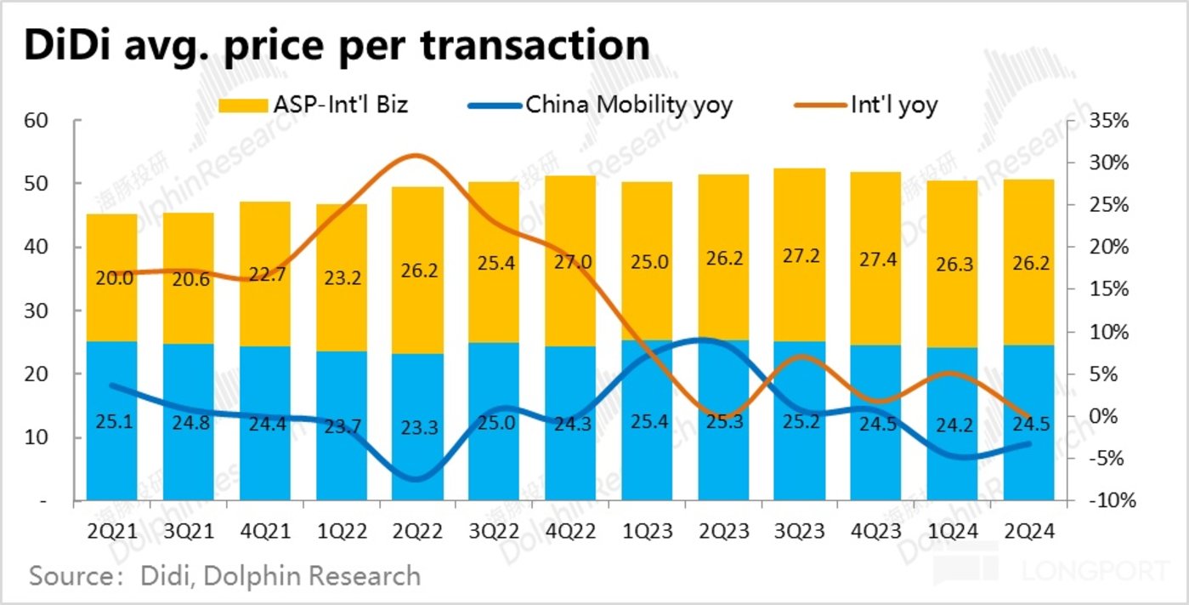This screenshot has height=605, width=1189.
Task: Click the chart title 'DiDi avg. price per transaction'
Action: coord(337,46)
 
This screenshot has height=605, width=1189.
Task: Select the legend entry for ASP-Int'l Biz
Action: coord(314,106)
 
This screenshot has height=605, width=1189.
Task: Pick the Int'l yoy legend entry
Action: coord(867,106)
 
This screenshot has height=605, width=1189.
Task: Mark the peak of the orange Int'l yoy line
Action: coord(414,156)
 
